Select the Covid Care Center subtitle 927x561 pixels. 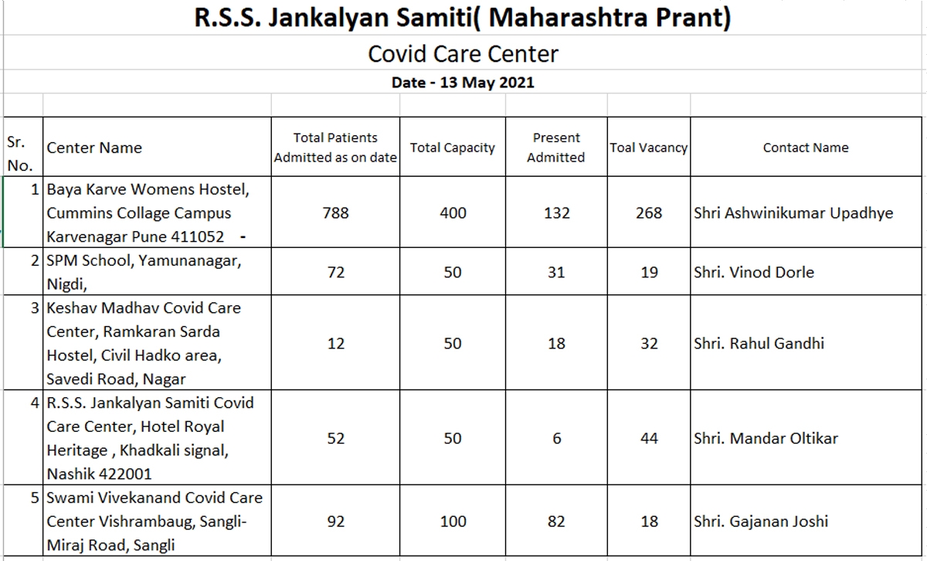(x=463, y=54)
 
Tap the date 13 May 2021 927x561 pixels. (x=463, y=82)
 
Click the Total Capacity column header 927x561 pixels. (x=452, y=148)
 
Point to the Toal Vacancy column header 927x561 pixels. (x=648, y=148)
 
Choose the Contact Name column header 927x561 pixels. (x=806, y=148)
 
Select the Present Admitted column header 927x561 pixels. (x=556, y=148)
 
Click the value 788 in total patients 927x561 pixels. (x=335, y=212)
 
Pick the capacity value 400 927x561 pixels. (x=453, y=212)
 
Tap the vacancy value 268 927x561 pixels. (x=649, y=212)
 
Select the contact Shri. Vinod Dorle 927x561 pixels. (x=754, y=272)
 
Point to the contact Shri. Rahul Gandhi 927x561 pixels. (x=759, y=343)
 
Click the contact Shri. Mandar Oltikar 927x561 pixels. (x=766, y=438)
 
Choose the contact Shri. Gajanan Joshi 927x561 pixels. (x=761, y=521)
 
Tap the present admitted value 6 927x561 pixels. (x=556, y=438)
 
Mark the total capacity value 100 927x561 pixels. (x=453, y=521)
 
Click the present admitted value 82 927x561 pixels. (x=556, y=521)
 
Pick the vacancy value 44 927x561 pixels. (x=649, y=438)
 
